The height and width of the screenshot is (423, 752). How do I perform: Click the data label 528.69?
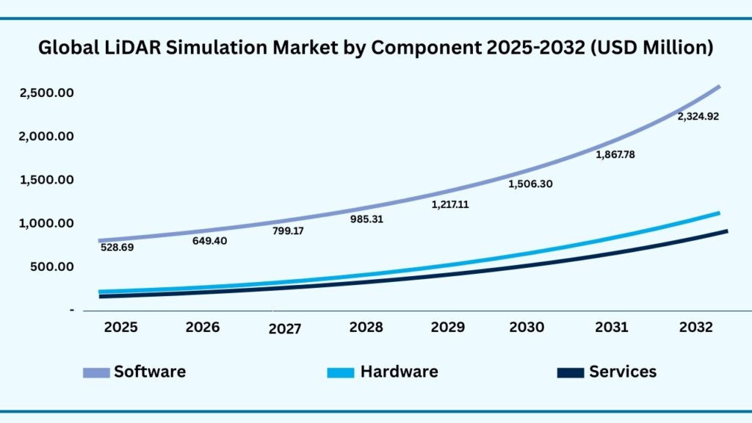tap(117, 247)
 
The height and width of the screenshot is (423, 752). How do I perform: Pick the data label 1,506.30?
tap(530, 184)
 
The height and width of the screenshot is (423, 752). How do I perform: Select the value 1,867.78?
tap(613, 155)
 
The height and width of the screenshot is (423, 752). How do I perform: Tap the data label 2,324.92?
tap(698, 116)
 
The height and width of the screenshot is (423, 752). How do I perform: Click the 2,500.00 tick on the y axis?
tap(47, 93)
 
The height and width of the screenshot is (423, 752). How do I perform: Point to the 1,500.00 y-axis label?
tap(47, 180)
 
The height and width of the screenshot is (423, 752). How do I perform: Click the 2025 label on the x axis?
tap(120, 327)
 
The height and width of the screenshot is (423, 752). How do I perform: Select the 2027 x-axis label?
tap(284, 329)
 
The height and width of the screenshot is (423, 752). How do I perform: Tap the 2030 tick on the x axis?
tap(527, 327)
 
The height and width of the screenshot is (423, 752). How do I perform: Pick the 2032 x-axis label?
tap(695, 327)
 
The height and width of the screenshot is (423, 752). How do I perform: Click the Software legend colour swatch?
tap(95, 372)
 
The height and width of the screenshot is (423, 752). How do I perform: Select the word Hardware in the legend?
tap(399, 372)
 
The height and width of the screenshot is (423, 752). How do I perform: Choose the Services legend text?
tap(623, 372)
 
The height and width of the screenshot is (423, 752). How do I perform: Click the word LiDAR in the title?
tap(122, 48)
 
